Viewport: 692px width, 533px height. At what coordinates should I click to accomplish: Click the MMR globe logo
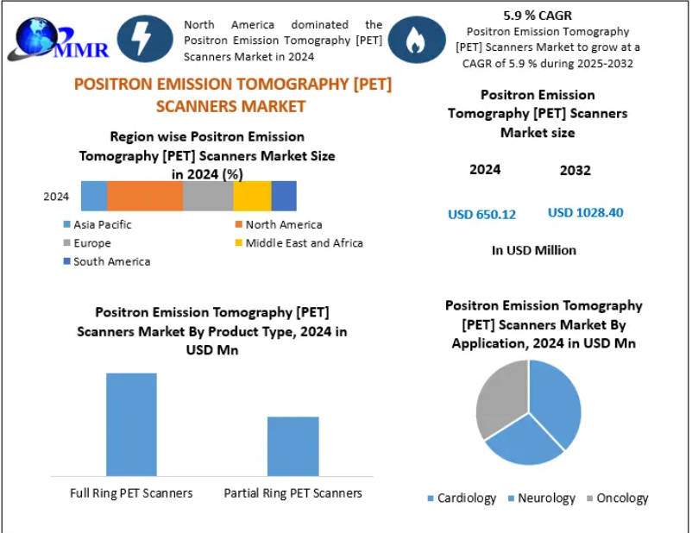pos(57,39)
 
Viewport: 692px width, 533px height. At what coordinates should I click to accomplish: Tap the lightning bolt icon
pos(148,39)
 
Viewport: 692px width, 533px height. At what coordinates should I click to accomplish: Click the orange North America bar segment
pos(144,196)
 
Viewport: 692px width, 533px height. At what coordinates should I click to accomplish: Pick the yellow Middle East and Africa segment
pos(252,196)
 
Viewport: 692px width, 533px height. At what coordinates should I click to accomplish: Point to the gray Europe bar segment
pos(208,196)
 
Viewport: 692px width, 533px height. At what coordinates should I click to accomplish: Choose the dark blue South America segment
pos(284,196)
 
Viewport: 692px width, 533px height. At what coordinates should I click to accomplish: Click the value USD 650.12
pos(481,214)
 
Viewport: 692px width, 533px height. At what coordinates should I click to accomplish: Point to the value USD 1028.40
pos(586,212)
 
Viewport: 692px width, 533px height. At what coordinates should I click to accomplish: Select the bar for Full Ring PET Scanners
pos(131,423)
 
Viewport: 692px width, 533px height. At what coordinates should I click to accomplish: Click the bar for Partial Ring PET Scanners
pos(293,445)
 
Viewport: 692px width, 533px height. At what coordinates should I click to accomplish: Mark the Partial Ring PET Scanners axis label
pos(293,493)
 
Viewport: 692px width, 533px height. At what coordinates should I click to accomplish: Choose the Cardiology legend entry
pos(462,499)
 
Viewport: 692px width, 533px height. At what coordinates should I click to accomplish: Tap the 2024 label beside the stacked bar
pos(56,197)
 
